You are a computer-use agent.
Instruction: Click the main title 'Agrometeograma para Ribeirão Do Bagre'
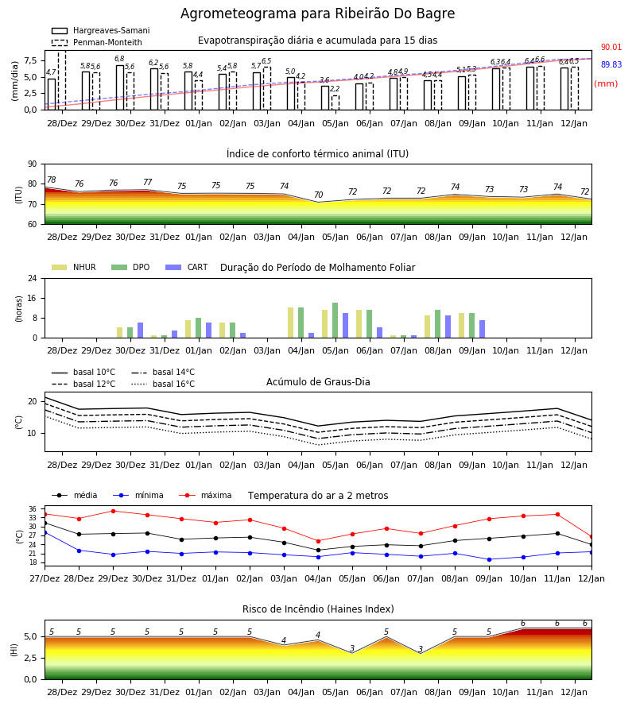click(x=317, y=14)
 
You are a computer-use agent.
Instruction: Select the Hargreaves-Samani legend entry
click(x=101, y=30)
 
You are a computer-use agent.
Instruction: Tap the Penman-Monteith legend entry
click(x=97, y=42)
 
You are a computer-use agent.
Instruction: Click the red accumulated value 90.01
click(x=611, y=47)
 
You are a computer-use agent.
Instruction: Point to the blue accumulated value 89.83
click(x=611, y=65)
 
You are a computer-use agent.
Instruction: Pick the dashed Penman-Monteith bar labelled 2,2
click(x=335, y=102)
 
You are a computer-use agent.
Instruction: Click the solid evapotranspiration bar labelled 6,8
click(x=120, y=87)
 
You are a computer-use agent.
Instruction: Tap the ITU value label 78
click(x=52, y=180)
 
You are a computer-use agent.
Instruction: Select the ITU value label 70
click(x=319, y=195)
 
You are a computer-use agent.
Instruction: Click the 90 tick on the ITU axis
click(x=33, y=164)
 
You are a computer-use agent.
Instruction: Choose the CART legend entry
click(x=187, y=267)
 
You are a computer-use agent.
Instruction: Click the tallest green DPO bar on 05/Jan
click(x=335, y=320)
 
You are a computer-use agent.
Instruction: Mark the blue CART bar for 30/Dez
click(x=141, y=330)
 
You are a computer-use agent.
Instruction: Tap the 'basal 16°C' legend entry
click(x=163, y=384)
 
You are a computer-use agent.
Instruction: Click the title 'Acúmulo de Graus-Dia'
click(x=318, y=381)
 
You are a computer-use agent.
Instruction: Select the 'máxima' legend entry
click(x=206, y=495)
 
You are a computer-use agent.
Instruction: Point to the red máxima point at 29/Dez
click(x=113, y=511)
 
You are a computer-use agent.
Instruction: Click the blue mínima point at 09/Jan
click(x=490, y=559)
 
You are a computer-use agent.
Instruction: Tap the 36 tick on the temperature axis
click(x=33, y=509)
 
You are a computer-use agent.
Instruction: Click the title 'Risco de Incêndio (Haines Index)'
click(x=318, y=609)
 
